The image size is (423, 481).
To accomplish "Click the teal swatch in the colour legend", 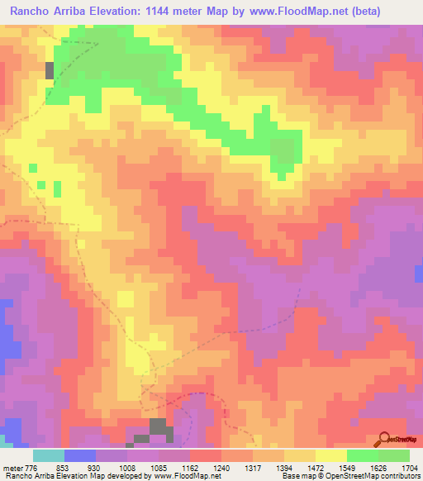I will coord(49,456).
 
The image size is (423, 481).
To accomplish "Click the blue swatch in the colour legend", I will coord(80,456).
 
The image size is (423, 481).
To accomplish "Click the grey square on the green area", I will coord(50,70).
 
